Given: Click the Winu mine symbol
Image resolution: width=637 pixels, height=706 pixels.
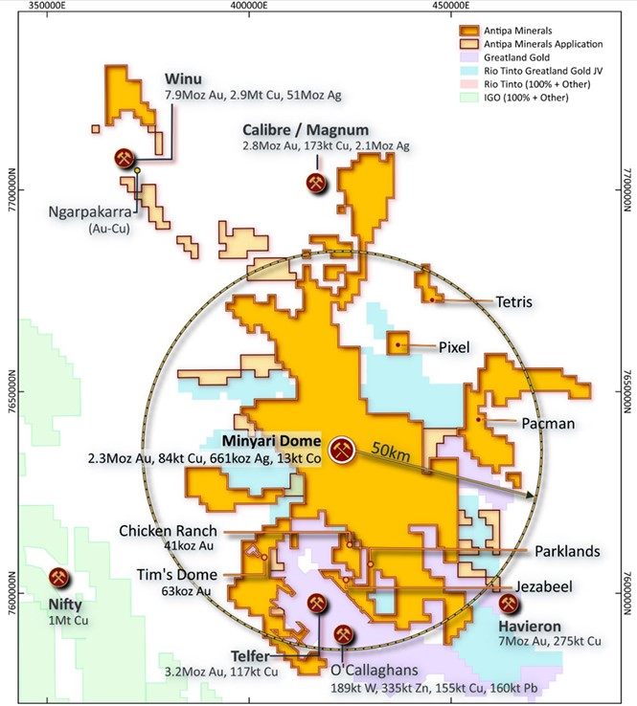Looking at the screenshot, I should (x=124, y=159).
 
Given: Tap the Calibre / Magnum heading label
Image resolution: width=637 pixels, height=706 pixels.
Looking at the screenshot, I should (x=306, y=130).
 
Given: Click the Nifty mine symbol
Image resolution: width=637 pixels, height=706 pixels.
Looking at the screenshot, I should (x=59, y=579).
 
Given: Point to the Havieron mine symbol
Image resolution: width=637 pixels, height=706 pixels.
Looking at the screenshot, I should (x=509, y=604).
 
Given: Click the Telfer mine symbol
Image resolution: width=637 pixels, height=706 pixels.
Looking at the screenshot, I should (x=316, y=605).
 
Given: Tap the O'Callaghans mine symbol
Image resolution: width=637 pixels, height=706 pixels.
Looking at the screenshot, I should (x=343, y=633).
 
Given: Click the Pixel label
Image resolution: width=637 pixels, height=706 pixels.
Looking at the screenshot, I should (x=455, y=347).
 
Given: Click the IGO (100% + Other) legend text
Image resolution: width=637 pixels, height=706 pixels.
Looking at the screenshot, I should (x=529, y=98).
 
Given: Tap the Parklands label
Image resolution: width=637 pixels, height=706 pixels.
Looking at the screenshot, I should (x=568, y=551).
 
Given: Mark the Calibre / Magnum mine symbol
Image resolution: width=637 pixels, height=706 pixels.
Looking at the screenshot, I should (x=315, y=182).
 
